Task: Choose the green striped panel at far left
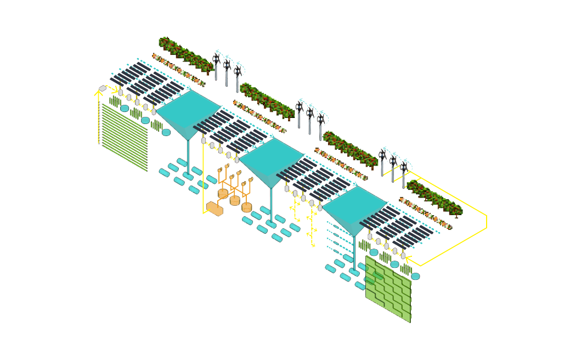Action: (125, 138)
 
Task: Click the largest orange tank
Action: (214, 208)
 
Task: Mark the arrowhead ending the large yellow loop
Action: (409, 258)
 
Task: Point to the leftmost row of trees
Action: (185, 55)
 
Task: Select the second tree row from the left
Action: (267, 102)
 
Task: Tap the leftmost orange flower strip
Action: (178, 70)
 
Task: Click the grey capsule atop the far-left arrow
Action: (103, 88)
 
